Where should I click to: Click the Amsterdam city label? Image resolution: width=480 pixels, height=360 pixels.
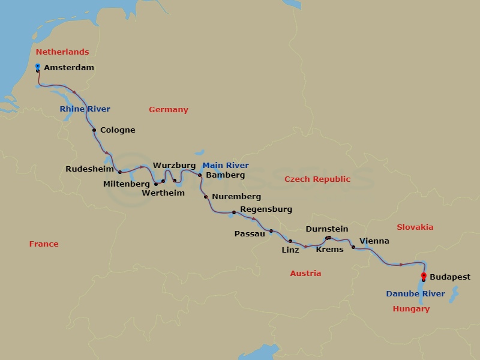tap(69, 68)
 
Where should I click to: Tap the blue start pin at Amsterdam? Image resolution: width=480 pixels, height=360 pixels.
tap(38, 67)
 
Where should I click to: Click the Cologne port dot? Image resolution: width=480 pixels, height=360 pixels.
tap(94, 130)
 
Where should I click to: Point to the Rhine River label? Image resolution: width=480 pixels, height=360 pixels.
tap(85, 109)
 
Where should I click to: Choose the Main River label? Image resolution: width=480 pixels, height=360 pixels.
tap(225, 166)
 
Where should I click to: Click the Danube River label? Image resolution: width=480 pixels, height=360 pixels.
tap(415, 294)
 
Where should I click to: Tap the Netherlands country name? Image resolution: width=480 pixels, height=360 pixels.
tap(62, 52)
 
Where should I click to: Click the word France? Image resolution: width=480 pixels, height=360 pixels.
tap(44, 244)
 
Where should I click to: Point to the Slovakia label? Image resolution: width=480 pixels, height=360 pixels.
tap(415, 227)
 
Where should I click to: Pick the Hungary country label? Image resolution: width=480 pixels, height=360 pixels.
tap(411, 309)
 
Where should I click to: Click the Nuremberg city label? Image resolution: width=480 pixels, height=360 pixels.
tap(236, 197)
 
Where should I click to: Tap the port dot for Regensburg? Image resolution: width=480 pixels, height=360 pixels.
tap(233, 212)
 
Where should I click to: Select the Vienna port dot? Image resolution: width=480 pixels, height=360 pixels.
tap(353, 247)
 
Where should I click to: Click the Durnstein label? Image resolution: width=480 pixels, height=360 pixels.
tap(326, 229)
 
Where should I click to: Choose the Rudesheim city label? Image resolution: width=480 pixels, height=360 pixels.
tap(89, 169)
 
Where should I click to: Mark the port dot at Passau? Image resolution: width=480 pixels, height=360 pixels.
tap(271, 231)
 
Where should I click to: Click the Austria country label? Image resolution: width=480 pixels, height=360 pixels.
tap(305, 274)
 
